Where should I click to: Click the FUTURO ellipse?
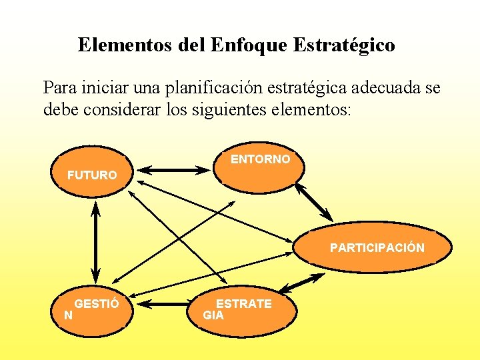(91, 175)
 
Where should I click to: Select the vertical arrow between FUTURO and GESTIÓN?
(95, 243)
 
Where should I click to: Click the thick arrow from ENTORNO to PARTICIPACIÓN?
(314, 201)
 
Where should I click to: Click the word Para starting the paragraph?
(59, 88)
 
